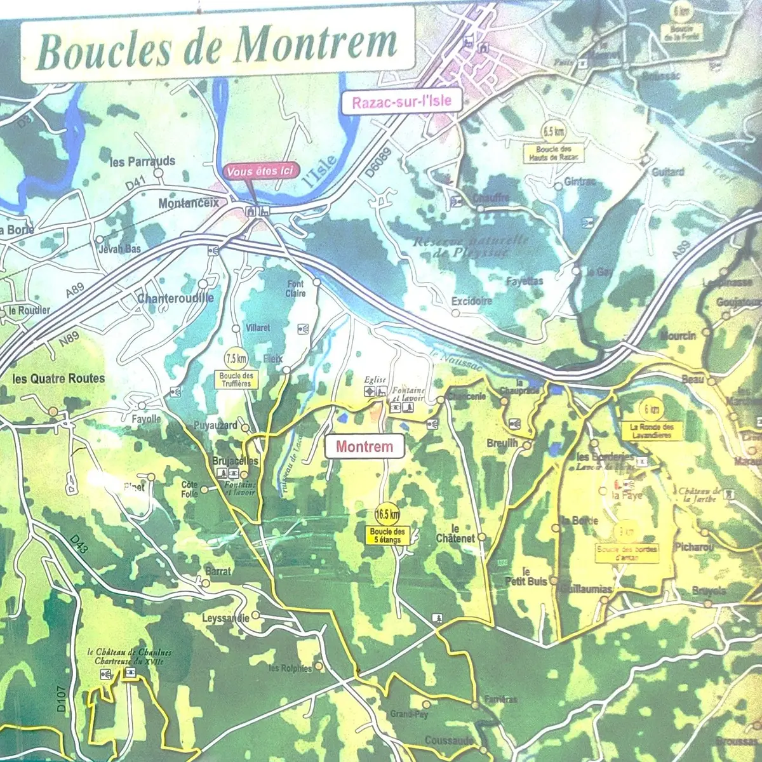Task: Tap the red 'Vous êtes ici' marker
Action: click(x=253, y=172)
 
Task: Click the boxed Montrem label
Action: click(x=364, y=446)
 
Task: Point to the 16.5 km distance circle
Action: click(x=387, y=514)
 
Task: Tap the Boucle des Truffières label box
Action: click(x=236, y=379)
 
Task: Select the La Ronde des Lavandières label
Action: click(x=652, y=432)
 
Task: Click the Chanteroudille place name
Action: click(x=176, y=298)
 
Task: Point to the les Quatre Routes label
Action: click(x=58, y=378)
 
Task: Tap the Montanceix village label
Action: click(x=188, y=203)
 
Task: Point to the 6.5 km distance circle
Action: click(x=553, y=131)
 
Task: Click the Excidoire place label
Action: click(x=471, y=301)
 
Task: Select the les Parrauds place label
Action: click(x=142, y=162)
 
